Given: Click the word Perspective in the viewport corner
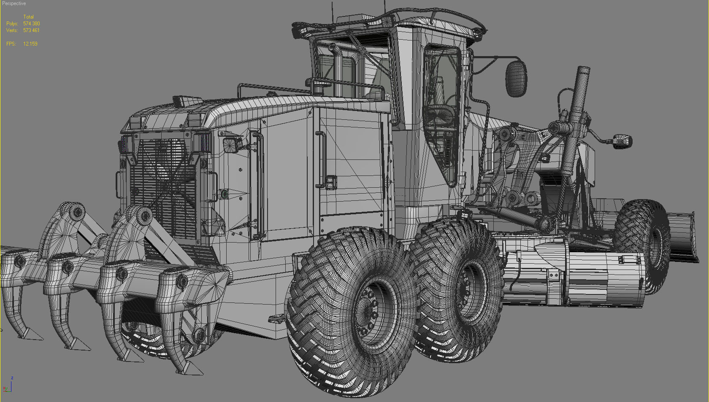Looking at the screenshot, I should coord(14,3).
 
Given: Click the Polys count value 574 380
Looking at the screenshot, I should coord(31,24).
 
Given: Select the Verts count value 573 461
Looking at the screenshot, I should coord(31,30).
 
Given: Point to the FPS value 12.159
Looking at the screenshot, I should coord(30,44).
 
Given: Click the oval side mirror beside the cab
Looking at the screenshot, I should coord(516,78).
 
